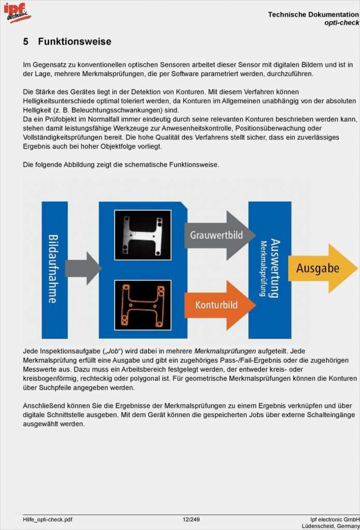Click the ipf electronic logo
click(x=17, y=12)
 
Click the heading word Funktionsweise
click(x=75, y=41)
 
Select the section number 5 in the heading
click(x=26, y=41)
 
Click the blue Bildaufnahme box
click(x=54, y=269)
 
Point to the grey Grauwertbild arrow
click(x=218, y=235)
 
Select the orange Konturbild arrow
click(x=218, y=305)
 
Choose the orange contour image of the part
click(x=142, y=305)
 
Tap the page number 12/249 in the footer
click(x=191, y=519)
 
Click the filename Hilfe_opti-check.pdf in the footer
click(x=48, y=519)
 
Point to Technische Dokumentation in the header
click(x=313, y=14)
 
